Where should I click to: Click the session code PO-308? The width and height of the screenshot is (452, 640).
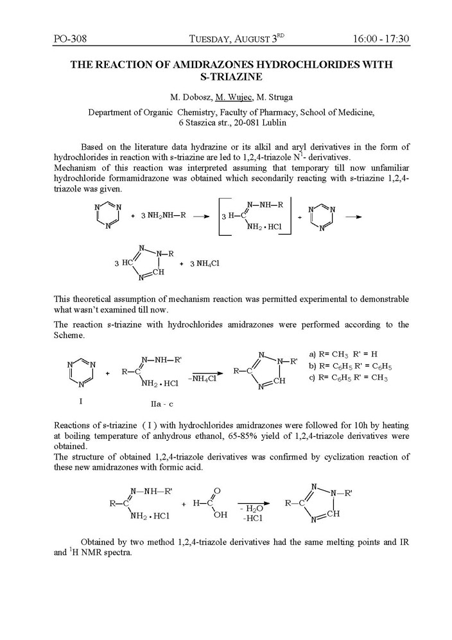tap(70, 39)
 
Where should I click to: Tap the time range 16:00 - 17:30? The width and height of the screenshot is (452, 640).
tap(381, 39)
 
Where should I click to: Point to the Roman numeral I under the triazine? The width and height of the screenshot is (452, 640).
tap(81, 401)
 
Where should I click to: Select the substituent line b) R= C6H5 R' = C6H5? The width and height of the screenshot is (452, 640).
tap(351, 366)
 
